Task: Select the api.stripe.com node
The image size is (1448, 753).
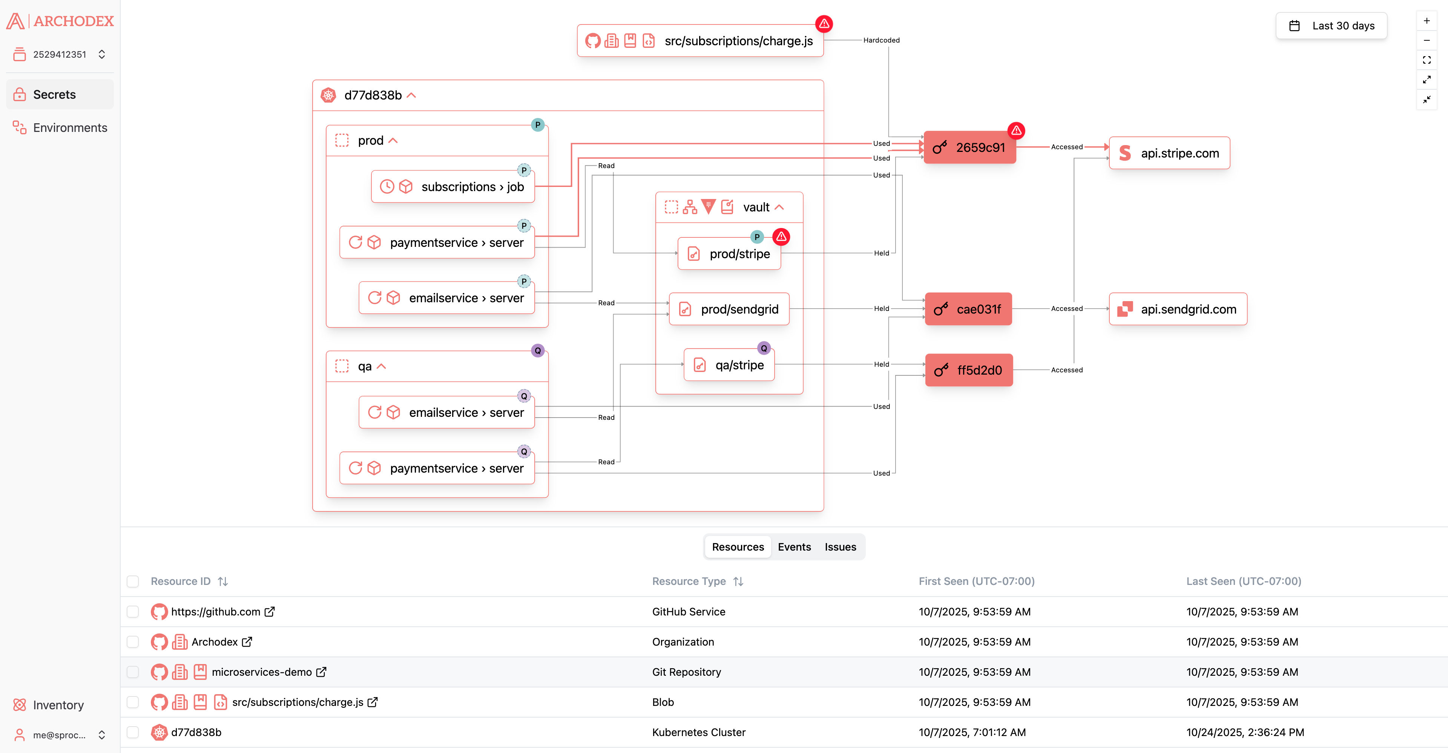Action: click(x=1169, y=153)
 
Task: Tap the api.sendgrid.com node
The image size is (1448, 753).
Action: click(x=1178, y=309)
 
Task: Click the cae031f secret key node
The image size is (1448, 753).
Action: click(x=968, y=309)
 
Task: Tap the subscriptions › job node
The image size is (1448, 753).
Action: click(x=452, y=187)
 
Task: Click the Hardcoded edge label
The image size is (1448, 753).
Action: click(x=881, y=40)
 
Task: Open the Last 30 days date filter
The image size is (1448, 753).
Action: click(x=1331, y=26)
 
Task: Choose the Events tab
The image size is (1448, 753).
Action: click(x=794, y=547)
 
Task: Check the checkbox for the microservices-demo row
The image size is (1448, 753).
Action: click(x=133, y=672)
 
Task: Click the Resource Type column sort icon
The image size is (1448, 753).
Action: click(x=738, y=582)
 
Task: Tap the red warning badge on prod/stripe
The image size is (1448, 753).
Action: click(x=781, y=237)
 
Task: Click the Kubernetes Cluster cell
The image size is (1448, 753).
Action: click(x=699, y=732)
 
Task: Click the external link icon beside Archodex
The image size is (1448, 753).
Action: click(x=247, y=642)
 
